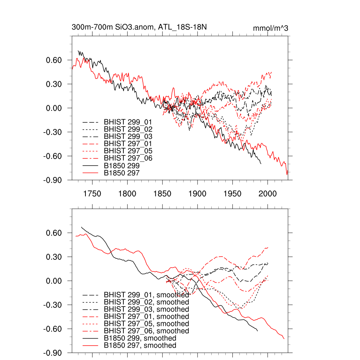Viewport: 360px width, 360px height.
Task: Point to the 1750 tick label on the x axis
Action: [x=92, y=193]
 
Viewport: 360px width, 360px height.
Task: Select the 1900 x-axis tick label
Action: [x=197, y=193]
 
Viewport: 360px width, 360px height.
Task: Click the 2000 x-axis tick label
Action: [x=268, y=193]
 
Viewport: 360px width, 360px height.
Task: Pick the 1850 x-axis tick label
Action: [x=162, y=193]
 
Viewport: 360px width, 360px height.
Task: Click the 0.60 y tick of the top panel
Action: [x=54, y=60]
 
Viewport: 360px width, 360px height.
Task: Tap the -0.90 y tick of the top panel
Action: [x=53, y=180]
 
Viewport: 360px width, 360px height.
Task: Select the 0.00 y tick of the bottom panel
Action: [x=54, y=281]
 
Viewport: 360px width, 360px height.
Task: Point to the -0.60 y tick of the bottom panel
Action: [x=53, y=329]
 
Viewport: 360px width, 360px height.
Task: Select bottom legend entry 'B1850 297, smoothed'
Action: [x=140, y=346]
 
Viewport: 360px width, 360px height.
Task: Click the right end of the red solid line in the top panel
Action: [x=287, y=174]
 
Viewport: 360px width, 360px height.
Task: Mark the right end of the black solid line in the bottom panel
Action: [x=258, y=331]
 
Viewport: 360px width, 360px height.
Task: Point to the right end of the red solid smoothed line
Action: [x=284, y=339]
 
